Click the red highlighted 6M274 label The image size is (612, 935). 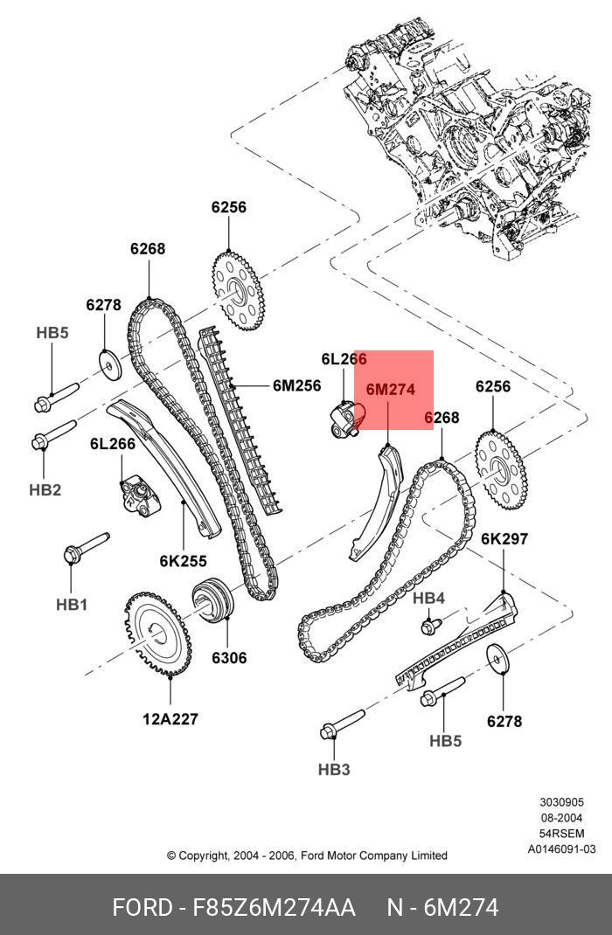pyautogui.click(x=390, y=390)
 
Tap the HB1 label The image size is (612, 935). pyautogui.click(x=72, y=604)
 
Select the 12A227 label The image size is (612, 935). pyautogui.click(x=170, y=719)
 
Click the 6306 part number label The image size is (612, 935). pyautogui.click(x=229, y=658)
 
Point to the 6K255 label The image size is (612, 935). pyautogui.click(x=183, y=561)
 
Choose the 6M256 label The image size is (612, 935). pyautogui.click(x=297, y=386)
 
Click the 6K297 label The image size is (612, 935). pyautogui.click(x=504, y=539)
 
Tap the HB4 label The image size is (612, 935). pyautogui.click(x=429, y=598)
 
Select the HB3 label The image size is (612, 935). pyautogui.click(x=334, y=770)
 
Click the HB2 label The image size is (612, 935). pyautogui.click(x=45, y=490)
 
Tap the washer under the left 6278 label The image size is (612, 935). pyautogui.click(x=108, y=364)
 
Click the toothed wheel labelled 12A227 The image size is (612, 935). pyautogui.click(x=158, y=634)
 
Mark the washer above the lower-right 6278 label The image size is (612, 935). pyautogui.click(x=497, y=659)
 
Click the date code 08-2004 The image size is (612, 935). pyautogui.click(x=561, y=818)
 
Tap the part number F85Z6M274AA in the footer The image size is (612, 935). pyautogui.click(x=273, y=908)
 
